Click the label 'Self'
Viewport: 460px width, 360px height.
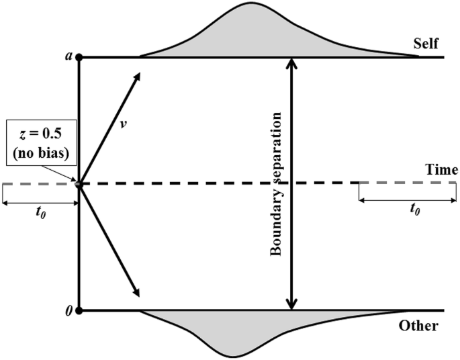pyautogui.click(x=426, y=44)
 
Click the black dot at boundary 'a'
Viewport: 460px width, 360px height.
pyautogui.click(x=79, y=58)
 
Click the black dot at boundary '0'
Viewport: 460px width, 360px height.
pyautogui.click(x=79, y=311)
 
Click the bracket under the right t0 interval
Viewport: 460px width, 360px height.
pyautogui.click(x=408, y=199)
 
